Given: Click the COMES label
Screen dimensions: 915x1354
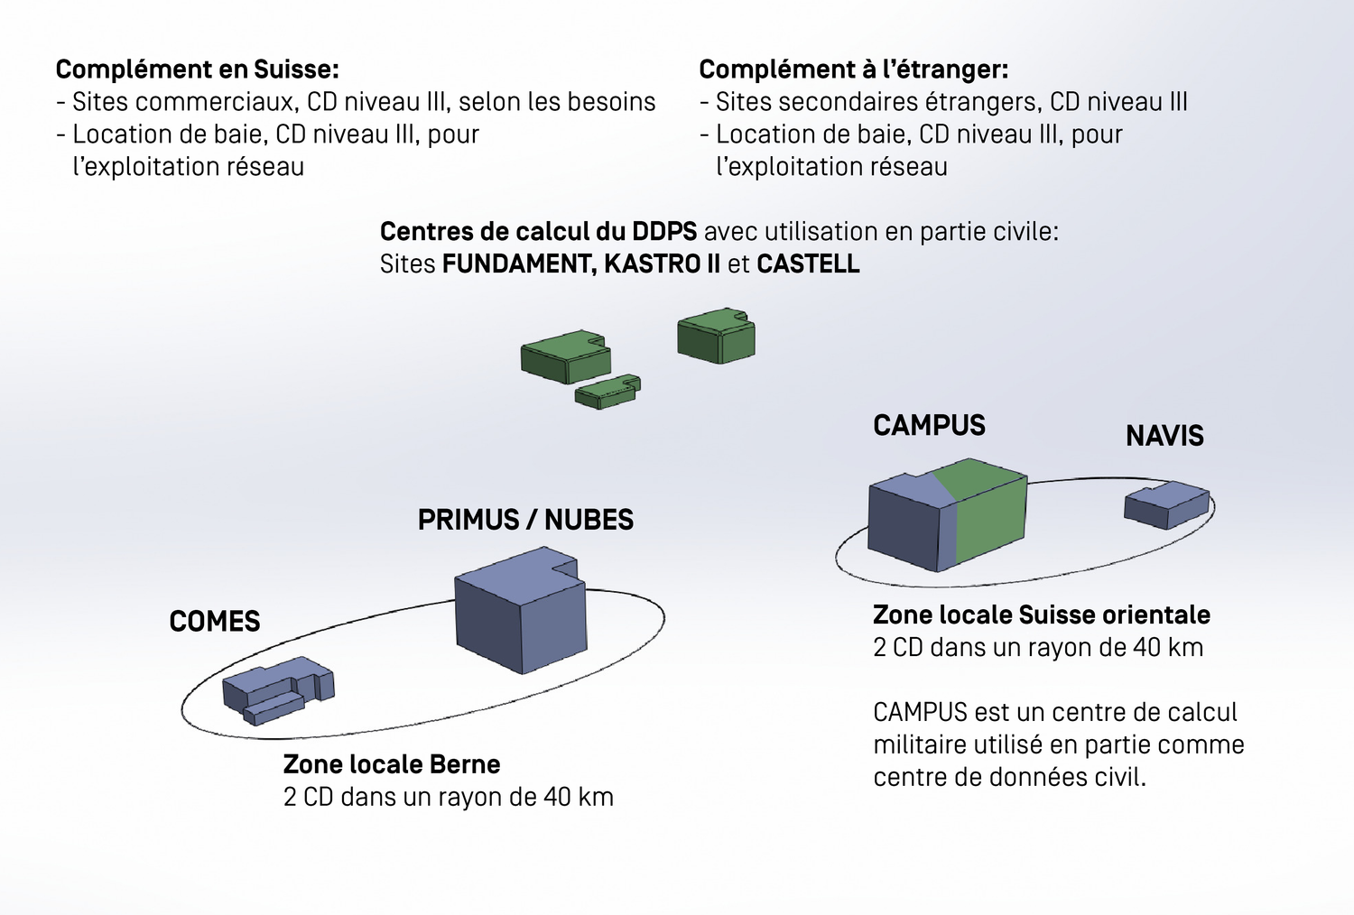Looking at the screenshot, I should coord(215,622).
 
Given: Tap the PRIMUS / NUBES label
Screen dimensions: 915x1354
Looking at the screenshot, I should coord(525,520).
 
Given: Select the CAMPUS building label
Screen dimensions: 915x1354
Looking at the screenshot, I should coord(929,425).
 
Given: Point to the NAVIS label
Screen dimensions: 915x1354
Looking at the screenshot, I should coord(1164,436).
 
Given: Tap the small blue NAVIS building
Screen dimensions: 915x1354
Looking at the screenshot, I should coord(1165,504).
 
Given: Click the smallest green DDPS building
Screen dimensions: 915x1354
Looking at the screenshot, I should coord(607,392).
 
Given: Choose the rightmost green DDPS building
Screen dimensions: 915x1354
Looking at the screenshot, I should coord(716,337).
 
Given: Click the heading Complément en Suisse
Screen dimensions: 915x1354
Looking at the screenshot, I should coord(197,69).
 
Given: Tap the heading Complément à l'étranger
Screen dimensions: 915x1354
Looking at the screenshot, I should coord(853,69).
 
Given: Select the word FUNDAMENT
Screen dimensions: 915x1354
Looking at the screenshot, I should coord(518,264).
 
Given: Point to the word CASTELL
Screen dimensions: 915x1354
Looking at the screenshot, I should coord(808,264).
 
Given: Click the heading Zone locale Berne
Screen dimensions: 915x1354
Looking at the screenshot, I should coord(392,764).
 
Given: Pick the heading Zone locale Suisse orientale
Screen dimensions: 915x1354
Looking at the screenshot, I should coord(1041,615).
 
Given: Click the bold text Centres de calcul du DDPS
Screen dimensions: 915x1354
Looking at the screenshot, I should coord(538,232).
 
